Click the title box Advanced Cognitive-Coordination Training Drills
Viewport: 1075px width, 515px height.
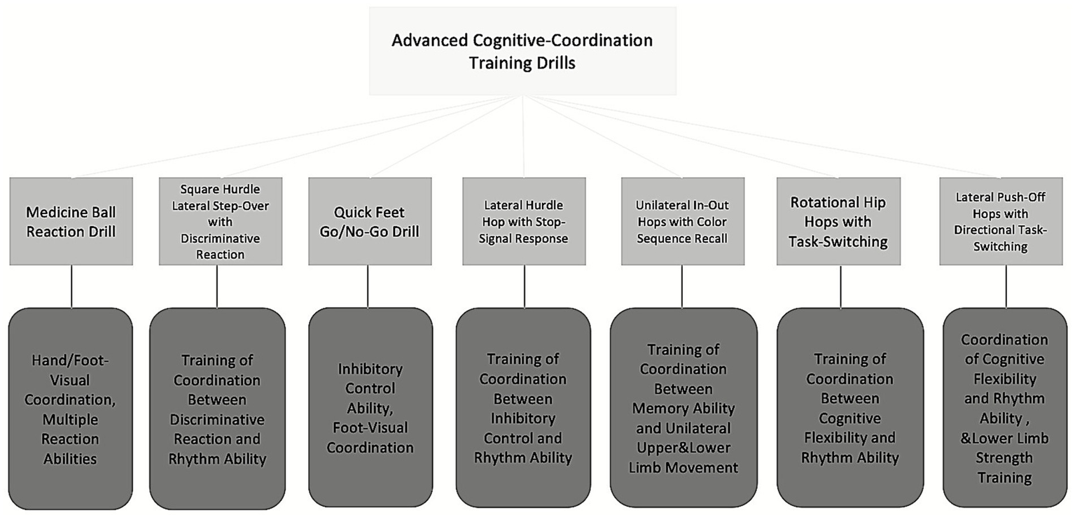[522, 50]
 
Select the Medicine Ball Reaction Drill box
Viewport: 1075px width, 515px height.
[71, 221]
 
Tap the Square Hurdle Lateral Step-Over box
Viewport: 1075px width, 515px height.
[220, 221]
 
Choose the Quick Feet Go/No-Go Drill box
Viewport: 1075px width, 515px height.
[368, 221]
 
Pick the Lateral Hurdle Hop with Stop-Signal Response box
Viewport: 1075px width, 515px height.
[524, 221]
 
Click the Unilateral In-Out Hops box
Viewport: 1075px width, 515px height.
[681, 221]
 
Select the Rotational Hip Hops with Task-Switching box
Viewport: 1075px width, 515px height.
[839, 221]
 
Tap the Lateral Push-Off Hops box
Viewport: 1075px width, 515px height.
[1005, 221]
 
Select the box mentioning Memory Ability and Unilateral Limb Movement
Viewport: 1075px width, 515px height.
[683, 408]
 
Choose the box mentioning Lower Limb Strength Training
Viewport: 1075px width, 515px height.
[1005, 408]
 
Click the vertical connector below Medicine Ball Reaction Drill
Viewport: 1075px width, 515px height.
[71, 287]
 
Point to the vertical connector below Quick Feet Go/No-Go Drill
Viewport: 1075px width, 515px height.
[368, 287]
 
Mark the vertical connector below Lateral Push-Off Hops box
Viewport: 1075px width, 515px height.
[1006, 287]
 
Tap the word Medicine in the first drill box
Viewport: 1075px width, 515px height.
[55, 211]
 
